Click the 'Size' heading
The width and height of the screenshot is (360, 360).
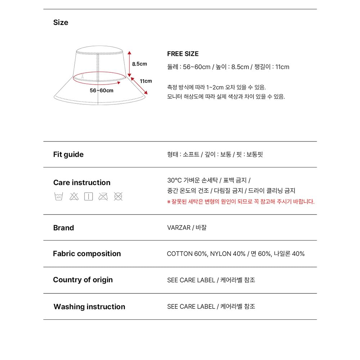[x=60, y=22]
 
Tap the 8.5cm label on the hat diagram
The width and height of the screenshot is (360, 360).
[x=139, y=64]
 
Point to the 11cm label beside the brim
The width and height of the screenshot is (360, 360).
[x=146, y=81]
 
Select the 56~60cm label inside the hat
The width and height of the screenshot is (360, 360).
[x=102, y=90]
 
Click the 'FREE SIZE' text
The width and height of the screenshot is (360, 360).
[x=183, y=54]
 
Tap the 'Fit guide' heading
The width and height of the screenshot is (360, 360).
[x=68, y=154]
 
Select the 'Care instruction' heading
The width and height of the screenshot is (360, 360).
[x=82, y=183]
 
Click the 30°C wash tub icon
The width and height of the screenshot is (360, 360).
[x=59, y=196]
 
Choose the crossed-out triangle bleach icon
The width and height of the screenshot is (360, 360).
[x=74, y=196]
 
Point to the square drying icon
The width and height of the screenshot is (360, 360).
[x=89, y=196]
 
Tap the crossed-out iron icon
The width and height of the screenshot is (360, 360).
[x=103, y=196]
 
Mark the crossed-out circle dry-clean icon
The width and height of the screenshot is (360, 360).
[x=118, y=196]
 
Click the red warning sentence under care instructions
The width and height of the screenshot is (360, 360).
[x=241, y=202]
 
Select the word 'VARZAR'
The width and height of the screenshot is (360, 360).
[x=179, y=228]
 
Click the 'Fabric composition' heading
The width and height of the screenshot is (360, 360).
[x=87, y=253]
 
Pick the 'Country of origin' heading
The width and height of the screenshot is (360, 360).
[x=83, y=280]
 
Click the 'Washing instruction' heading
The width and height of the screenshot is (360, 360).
[x=89, y=307]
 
